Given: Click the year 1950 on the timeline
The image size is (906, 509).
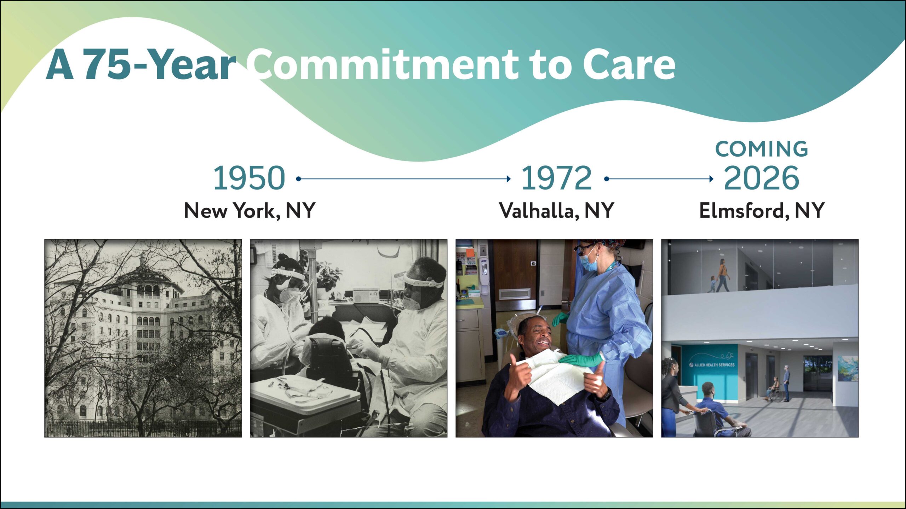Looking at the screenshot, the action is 249,178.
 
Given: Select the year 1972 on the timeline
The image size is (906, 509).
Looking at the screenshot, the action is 557,178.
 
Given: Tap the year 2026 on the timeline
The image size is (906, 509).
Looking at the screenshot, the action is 761,178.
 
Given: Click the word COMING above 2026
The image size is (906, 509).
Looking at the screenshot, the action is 762,149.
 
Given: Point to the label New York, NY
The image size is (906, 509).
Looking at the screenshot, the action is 250,211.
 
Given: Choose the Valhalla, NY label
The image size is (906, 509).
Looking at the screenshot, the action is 556,211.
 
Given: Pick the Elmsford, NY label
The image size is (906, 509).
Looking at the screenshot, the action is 762,211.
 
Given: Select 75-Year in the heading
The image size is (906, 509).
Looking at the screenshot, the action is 159,64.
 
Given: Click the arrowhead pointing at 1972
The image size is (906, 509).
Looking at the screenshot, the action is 509,179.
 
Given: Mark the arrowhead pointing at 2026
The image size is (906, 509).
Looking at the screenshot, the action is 711,179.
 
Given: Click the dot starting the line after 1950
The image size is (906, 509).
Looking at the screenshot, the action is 298,179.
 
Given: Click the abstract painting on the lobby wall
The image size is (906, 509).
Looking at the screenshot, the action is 848,369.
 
